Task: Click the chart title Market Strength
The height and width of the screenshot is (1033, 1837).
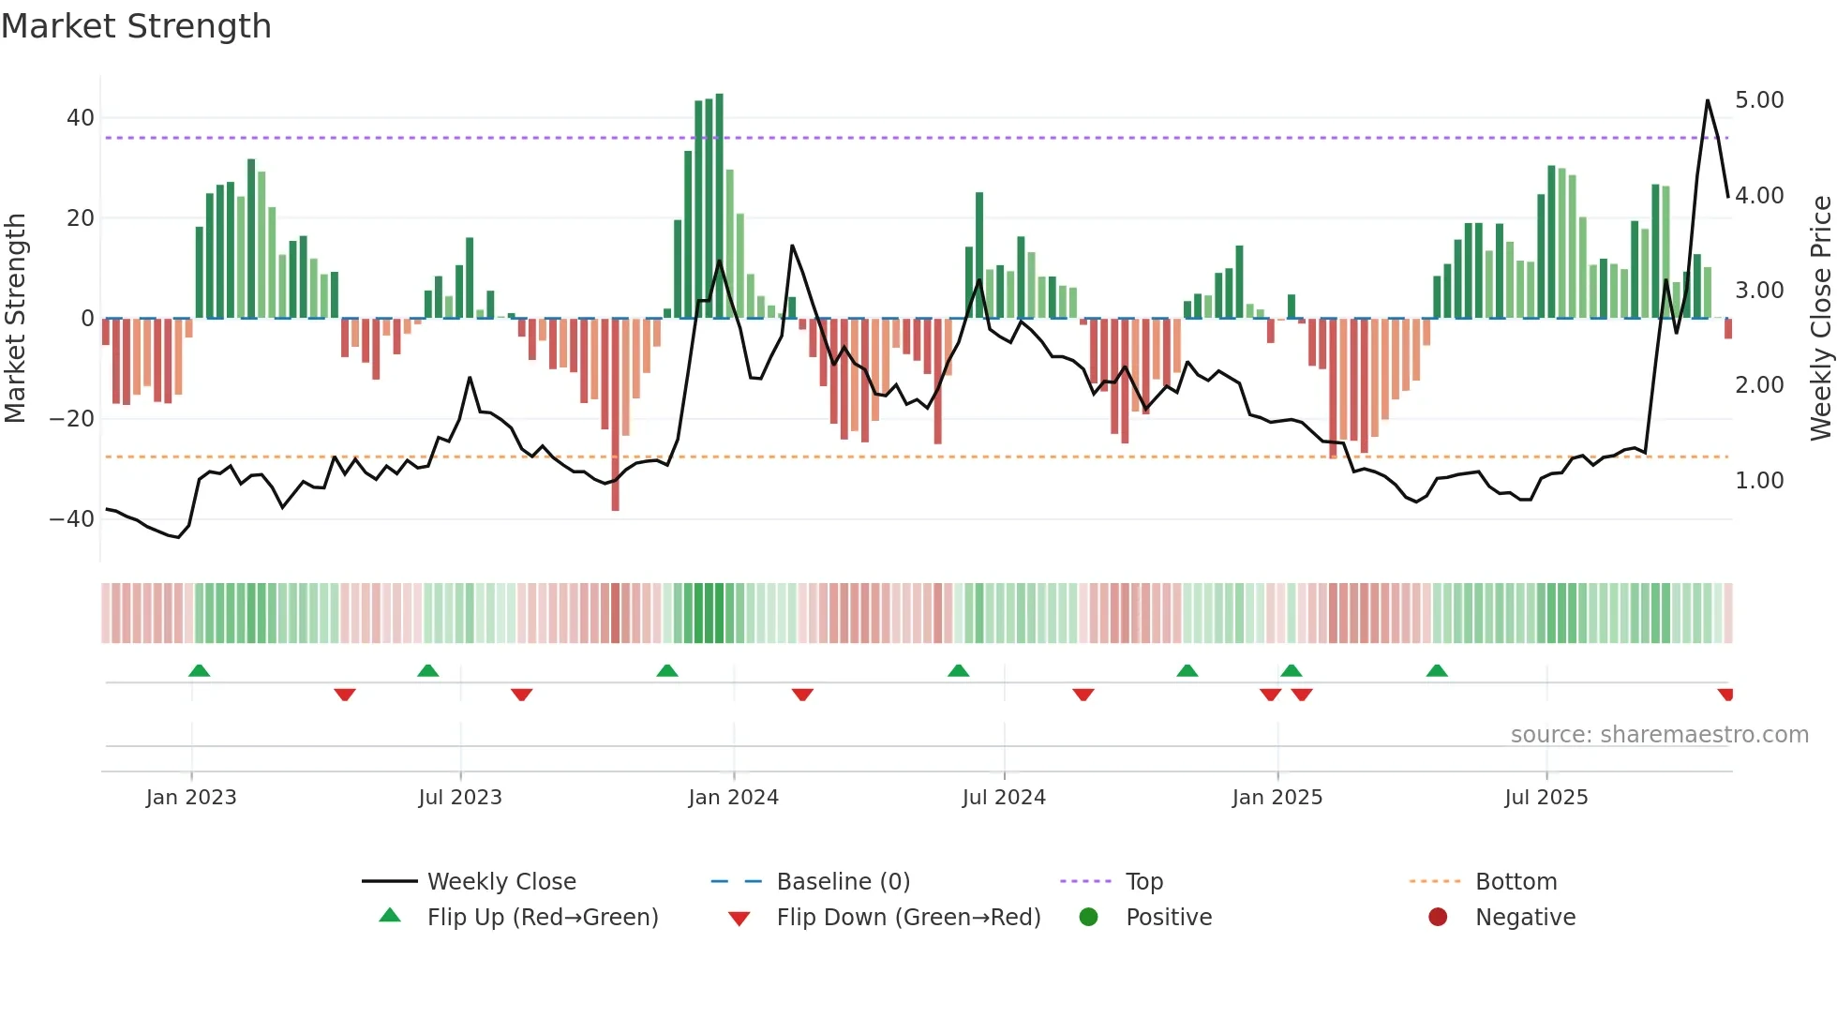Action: pyautogui.click(x=137, y=26)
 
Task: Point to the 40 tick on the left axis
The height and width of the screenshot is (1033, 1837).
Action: pyautogui.click(x=80, y=118)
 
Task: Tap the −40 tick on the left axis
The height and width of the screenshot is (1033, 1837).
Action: pyautogui.click(x=72, y=518)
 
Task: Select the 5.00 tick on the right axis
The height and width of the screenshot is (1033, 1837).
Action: pyautogui.click(x=1759, y=100)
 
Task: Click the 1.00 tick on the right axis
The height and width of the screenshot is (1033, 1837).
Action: pyautogui.click(x=1759, y=481)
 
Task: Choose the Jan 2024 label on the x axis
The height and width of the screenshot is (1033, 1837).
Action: pyautogui.click(x=733, y=798)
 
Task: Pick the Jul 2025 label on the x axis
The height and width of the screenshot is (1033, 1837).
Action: pyautogui.click(x=1546, y=798)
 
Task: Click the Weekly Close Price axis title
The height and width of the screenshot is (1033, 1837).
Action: pyautogui.click(x=1820, y=318)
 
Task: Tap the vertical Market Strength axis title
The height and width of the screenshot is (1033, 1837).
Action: pyautogui.click(x=16, y=318)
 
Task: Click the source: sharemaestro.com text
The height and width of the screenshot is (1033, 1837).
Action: pyautogui.click(x=1659, y=735)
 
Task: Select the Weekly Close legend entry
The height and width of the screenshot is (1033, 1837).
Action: pyautogui.click(x=500, y=882)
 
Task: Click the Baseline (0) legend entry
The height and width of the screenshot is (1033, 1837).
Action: pyautogui.click(x=843, y=882)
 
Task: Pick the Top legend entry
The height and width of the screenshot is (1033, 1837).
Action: pyautogui.click(x=1143, y=882)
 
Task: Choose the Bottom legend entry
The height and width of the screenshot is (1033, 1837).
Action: pyautogui.click(x=1516, y=882)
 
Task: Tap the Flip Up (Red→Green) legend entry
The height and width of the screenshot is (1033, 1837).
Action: pyautogui.click(x=542, y=918)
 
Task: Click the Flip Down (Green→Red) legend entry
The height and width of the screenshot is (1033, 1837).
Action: pyautogui.click(x=907, y=918)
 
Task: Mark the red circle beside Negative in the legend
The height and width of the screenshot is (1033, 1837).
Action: pyautogui.click(x=1438, y=918)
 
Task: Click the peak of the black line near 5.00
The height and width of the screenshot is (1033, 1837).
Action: pyautogui.click(x=1708, y=100)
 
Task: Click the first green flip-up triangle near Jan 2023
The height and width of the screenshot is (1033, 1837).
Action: pyautogui.click(x=199, y=670)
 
